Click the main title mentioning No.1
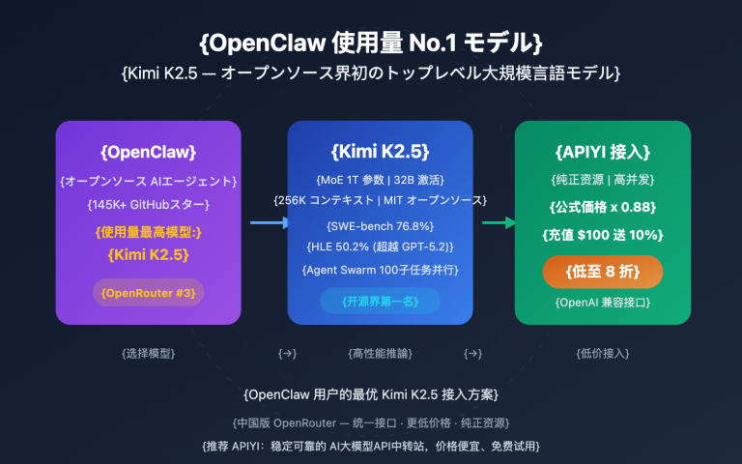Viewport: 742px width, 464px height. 371,43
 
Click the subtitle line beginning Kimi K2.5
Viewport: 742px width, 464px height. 371,72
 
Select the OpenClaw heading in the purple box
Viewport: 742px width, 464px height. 148,152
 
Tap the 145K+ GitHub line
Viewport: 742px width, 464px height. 148,204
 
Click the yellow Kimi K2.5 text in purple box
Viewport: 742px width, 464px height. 148,255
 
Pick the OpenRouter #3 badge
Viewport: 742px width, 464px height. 148,292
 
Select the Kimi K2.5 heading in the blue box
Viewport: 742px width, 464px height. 380,152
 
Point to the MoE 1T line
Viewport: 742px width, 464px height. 380,180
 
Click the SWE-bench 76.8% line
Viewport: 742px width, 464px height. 380,224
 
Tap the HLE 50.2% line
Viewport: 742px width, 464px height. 380,246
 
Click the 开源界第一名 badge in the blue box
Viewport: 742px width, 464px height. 380,301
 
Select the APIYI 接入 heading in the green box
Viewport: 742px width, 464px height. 603,152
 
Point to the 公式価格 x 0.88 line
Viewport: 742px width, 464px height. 603,206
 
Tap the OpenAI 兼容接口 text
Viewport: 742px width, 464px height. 603,303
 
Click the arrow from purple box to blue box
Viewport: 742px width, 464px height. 268,223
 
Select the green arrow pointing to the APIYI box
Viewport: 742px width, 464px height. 499,223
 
